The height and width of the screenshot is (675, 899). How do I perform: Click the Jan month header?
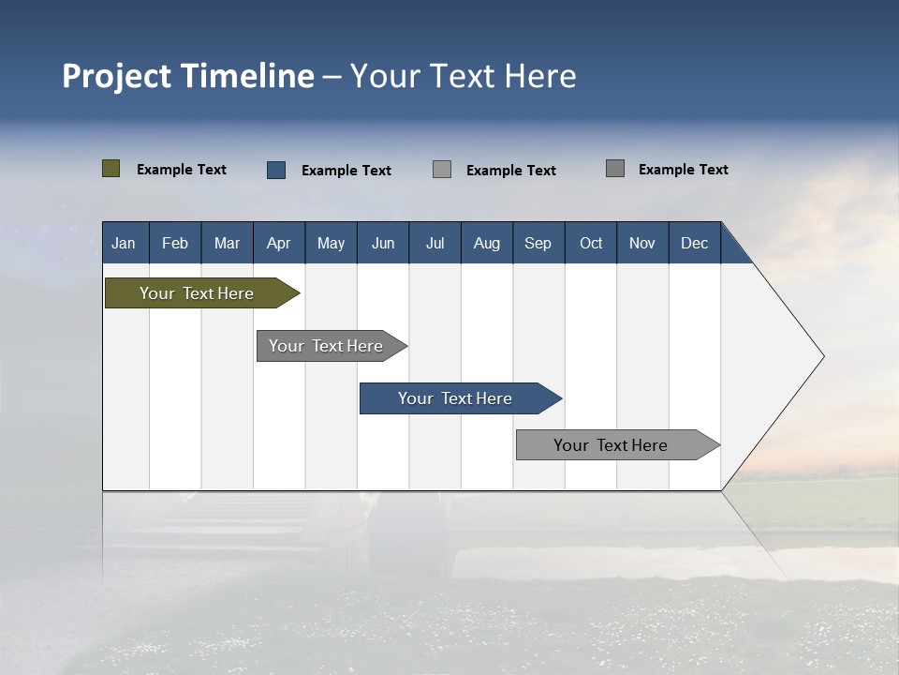(124, 243)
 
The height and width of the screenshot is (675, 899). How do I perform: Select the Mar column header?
(227, 243)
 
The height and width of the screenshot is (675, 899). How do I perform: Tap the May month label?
(331, 243)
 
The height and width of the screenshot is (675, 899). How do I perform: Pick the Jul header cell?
(435, 243)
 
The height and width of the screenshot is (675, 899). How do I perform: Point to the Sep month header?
(538, 243)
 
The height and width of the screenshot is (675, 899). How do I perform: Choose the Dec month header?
(694, 243)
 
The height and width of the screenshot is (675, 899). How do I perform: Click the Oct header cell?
(591, 243)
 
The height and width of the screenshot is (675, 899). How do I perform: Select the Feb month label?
(175, 243)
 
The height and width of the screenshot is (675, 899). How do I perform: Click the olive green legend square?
(111, 169)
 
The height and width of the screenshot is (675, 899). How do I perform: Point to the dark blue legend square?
(276, 170)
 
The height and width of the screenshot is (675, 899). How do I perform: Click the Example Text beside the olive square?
(182, 170)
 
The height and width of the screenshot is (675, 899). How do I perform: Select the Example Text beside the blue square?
(346, 171)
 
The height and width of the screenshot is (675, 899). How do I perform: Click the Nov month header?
(642, 243)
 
